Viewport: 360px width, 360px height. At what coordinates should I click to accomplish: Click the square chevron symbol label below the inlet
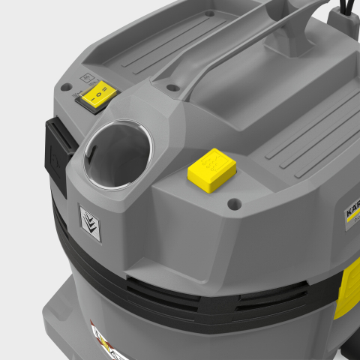point(90,223)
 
